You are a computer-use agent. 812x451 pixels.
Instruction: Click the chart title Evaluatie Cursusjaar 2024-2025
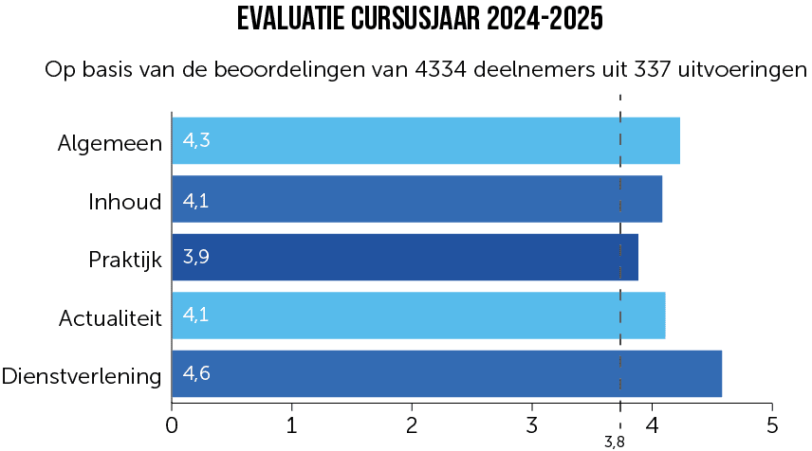pyautogui.click(x=419, y=19)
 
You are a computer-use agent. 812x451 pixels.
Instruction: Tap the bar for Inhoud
pyautogui.click(x=416, y=199)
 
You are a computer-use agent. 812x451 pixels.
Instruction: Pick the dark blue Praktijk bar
pyautogui.click(x=404, y=258)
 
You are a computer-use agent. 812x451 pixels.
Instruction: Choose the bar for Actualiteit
pyautogui.click(x=418, y=316)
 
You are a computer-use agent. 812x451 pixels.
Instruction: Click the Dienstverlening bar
pyautogui.click(x=446, y=374)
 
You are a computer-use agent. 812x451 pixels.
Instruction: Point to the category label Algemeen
pyautogui.click(x=110, y=143)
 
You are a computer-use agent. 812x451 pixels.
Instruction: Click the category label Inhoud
pyautogui.click(x=125, y=201)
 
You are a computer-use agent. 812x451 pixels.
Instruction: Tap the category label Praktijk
pyautogui.click(x=125, y=259)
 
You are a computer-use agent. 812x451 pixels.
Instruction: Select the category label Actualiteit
pyautogui.click(x=110, y=317)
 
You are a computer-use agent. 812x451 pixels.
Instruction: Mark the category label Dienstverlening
pyautogui.click(x=83, y=376)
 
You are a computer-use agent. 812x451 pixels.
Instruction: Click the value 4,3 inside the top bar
pyautogui.click(x=196, y=141)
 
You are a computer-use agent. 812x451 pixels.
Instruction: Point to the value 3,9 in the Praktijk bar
pyautogui.click(x=196, y=257)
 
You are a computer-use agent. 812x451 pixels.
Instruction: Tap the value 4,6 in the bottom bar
pyautogui.click(x=196, y=373)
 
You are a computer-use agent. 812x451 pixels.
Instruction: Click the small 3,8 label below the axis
pyautogui.click(x=615, y=442)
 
